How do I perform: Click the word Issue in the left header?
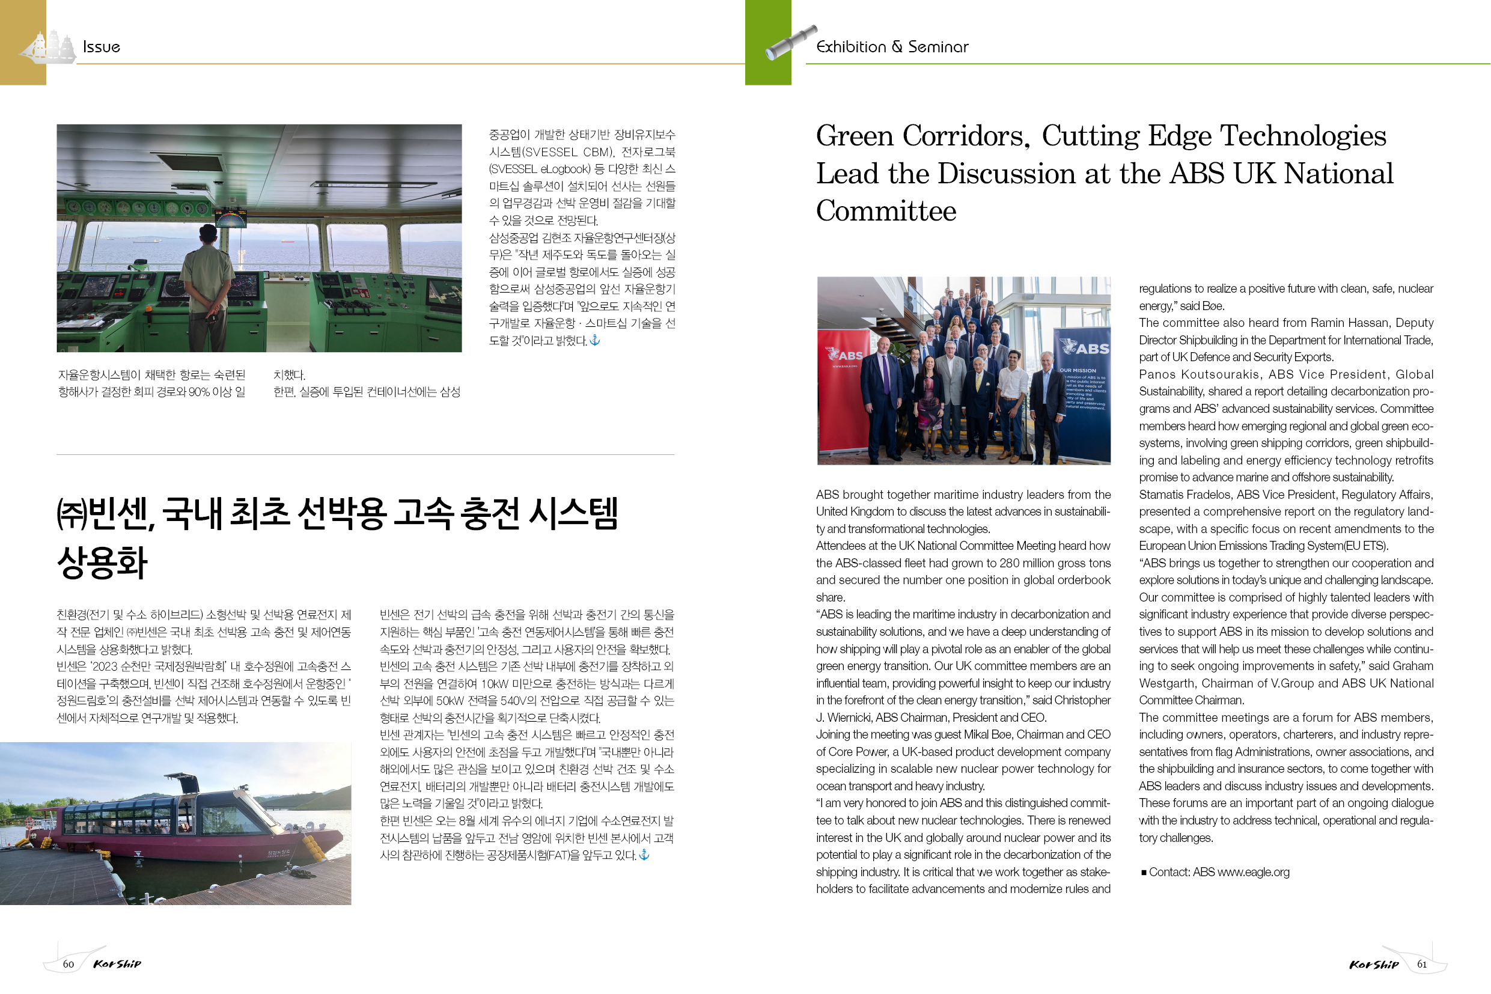[102, 47]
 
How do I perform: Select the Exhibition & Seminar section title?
[892, 47]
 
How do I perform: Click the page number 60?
[69, 964]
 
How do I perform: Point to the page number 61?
[1422, 964]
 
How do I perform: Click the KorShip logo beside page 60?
[117, 964]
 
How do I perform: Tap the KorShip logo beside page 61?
[1374, 964]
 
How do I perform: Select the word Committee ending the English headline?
[886, 211]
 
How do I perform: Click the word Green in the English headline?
[854, 136]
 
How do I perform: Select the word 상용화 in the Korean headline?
[102, 563]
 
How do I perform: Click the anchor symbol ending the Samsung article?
[594, 340]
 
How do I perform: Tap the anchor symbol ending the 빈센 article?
[644, 855]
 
